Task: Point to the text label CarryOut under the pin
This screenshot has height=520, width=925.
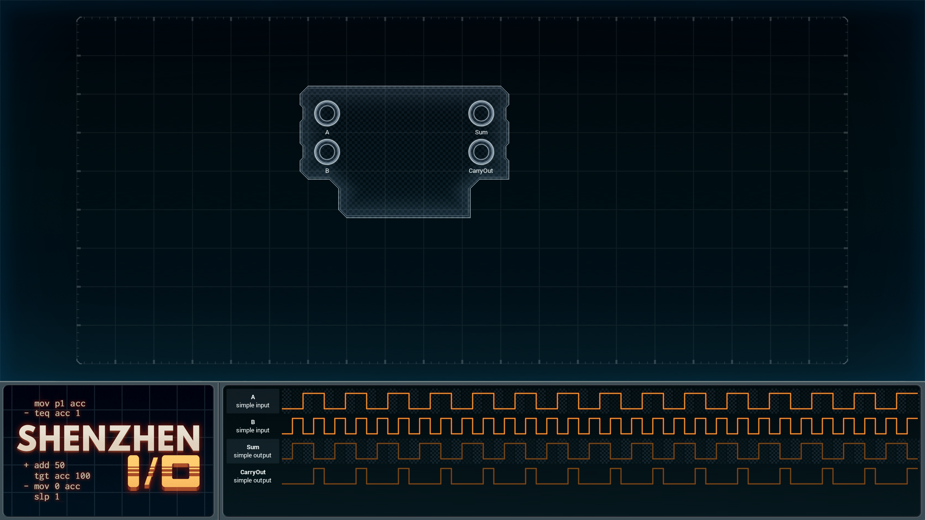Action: [x=481, y=171]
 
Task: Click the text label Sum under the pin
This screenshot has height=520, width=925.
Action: [x=481, y=132]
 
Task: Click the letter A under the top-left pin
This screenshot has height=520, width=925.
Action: [x=327, y=132]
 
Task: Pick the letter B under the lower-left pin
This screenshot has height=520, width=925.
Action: [x=327, y=171]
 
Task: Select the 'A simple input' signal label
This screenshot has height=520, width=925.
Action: [x=253, y=401]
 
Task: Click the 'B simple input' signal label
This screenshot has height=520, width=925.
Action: [x=253, y=426]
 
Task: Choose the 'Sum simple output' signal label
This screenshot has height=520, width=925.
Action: [x=253, y=451]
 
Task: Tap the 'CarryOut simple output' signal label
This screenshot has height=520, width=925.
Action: [x=253, y=476]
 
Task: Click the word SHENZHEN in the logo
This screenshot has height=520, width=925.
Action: [x=108, y=439]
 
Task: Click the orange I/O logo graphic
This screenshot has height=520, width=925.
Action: [x=164, y=473]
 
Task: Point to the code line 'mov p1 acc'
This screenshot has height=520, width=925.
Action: [x=60, y=403]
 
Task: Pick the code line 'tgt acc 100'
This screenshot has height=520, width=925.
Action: [x=62, y=476]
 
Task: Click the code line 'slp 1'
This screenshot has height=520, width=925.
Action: [x=47, y=496]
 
